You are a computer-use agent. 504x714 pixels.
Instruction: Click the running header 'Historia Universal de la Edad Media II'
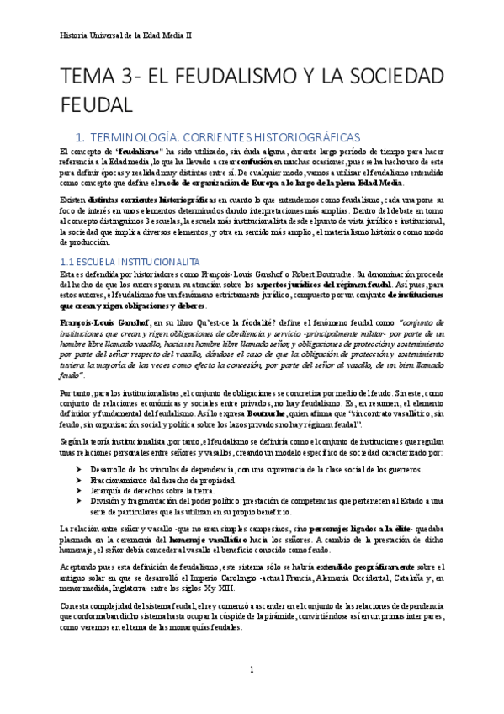click(x=127, y=37)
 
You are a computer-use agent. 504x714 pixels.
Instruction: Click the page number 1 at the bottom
click(x=252, y=669)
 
